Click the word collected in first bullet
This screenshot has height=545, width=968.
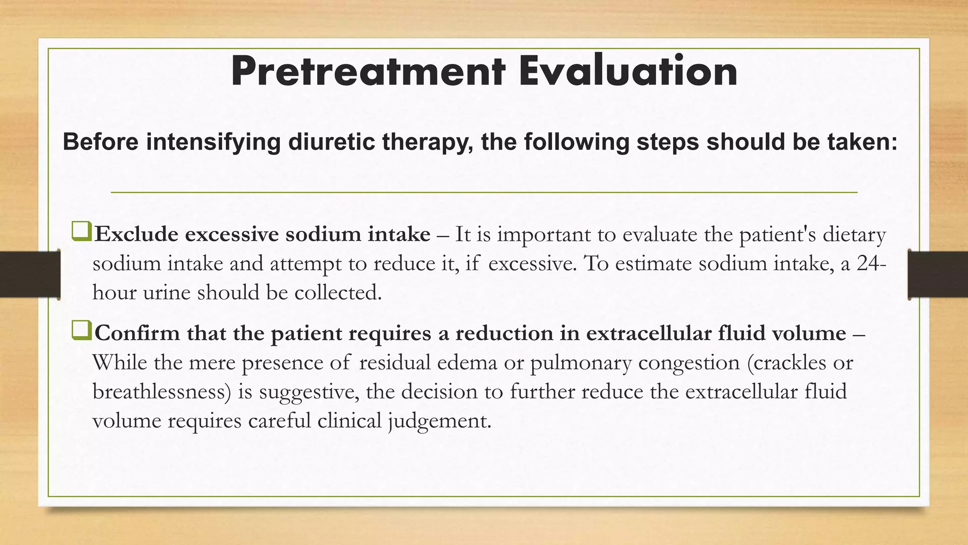coord(337,293)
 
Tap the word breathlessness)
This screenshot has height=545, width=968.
coord(162,392)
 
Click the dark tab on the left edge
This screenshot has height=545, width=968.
coord(29,274)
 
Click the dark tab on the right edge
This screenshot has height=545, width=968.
coord(938,274)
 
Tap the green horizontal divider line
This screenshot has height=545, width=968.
coord(484,193)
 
